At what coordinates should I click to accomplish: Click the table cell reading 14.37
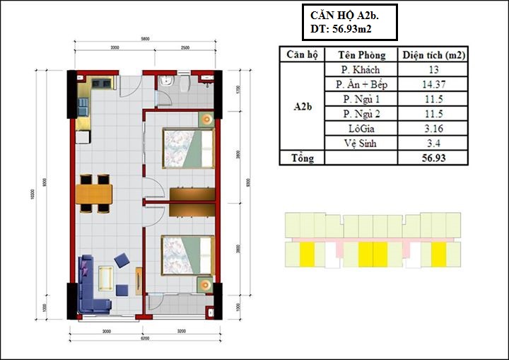pyautogui.click(x=433, y=84)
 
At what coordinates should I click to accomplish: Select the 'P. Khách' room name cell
pyautogui.click(x=361, y=69)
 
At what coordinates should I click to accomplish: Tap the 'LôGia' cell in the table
pyautogui.click(x=361, y=128)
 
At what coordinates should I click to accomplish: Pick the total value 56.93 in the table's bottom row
pyautogui.click(x=433, y=158)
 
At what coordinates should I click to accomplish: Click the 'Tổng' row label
pyautogui.click(x=302, y=158)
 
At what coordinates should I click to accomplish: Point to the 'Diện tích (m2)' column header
pyautogui.click(x=433, y=54)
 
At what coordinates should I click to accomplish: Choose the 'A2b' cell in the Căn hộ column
pyautogui.click(x=302, y=106)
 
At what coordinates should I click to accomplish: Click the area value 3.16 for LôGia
pyautogui.click(x=433, y=128)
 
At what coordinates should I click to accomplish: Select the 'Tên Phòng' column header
pyautogui.click(x=361, y=54)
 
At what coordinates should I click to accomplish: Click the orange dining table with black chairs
pyautogui.click(x=95, y=193)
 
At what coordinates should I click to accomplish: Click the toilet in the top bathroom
pyautogui.click(x=183, y=83)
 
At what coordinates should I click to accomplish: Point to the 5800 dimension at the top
pyautogui.click(x=144, y=39)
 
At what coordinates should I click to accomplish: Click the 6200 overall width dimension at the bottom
pyautogui.click(x=144, y=339)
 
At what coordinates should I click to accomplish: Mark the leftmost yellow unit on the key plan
pyautogui.click(x=308, y=253)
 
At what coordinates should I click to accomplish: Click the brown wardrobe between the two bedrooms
pyautogui.click(x=192, y=194)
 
